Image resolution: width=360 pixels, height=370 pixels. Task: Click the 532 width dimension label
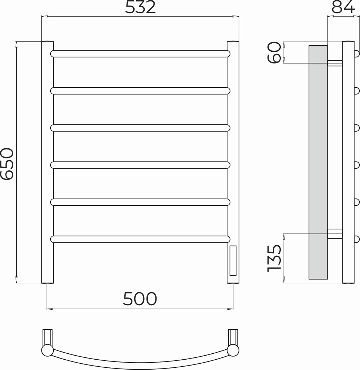click(x=140, y=7)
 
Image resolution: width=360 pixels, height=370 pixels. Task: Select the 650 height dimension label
click(x=7, y=164)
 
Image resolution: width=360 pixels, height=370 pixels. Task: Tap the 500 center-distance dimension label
click(x=140, y=299)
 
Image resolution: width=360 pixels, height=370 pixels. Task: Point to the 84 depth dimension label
click(x=343, y=7)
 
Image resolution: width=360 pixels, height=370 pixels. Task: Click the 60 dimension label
click(x=275, y=53)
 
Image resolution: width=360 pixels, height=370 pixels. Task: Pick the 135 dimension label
click(x=275, y=258)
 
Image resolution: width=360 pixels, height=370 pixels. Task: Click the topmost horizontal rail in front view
click(x=140, y=54)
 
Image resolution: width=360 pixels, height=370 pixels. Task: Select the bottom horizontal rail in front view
click(x=140, y=239)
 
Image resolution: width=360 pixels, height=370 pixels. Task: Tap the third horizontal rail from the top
click(x=140, y=128)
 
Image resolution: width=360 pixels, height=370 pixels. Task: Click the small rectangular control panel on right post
click(x=233, y=260)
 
